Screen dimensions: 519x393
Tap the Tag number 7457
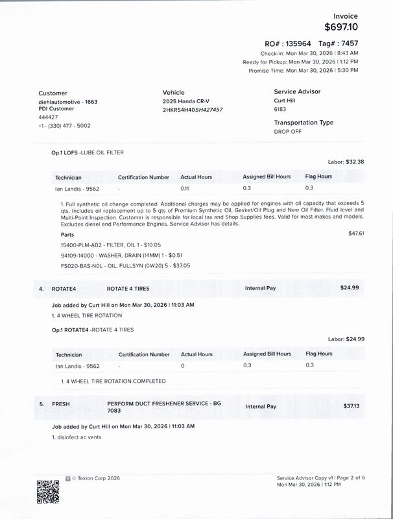349,43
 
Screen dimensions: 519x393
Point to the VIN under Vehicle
193,110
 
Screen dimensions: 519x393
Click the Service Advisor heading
297,92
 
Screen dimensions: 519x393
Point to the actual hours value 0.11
184,188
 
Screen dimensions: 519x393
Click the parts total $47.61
356,233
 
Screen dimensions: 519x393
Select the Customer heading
53,93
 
